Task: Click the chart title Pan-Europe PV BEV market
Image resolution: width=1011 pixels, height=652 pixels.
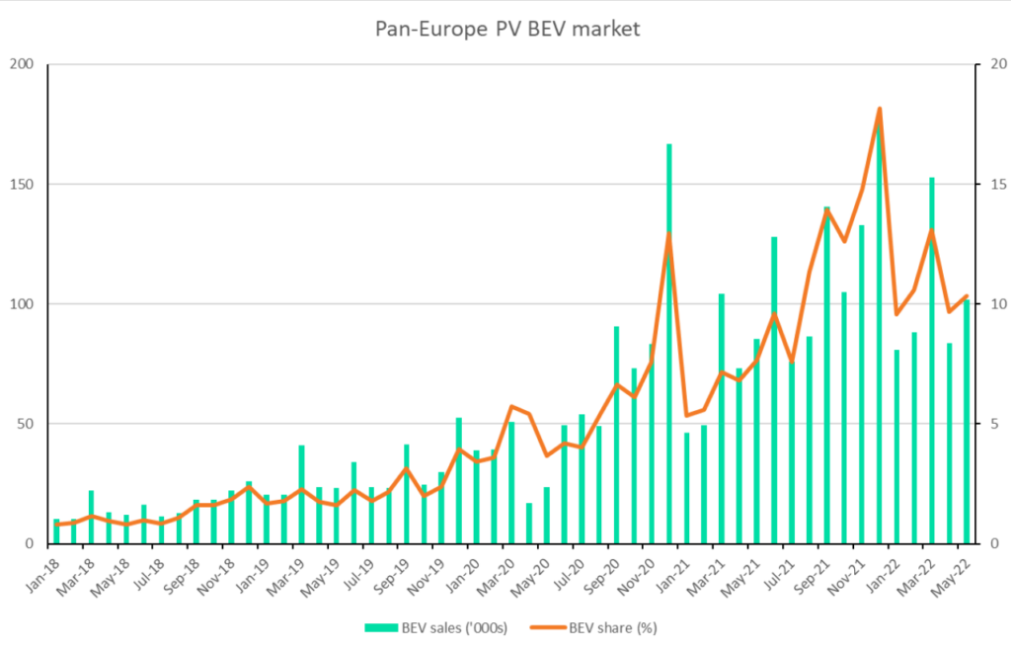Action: pos(506,29)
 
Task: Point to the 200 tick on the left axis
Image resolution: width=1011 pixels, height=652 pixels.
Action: pos(22,65)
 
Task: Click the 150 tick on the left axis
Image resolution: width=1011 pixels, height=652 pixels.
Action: pos(22,185)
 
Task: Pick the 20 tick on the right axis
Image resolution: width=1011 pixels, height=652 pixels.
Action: pos(987,65)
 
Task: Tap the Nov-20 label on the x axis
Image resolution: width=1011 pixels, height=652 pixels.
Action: pos(639,573)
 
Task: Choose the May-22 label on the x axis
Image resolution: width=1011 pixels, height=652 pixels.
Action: pos(955,573)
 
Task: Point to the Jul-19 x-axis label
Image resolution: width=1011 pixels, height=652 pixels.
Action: pos(358,573)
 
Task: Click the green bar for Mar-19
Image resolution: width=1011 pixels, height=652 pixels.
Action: pos(301,494)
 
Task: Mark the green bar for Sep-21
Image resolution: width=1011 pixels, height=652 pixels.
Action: pos(826,375)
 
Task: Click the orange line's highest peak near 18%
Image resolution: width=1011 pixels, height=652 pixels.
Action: pos(879,109)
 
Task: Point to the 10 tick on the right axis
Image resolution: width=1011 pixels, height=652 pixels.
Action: pos(987,304)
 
